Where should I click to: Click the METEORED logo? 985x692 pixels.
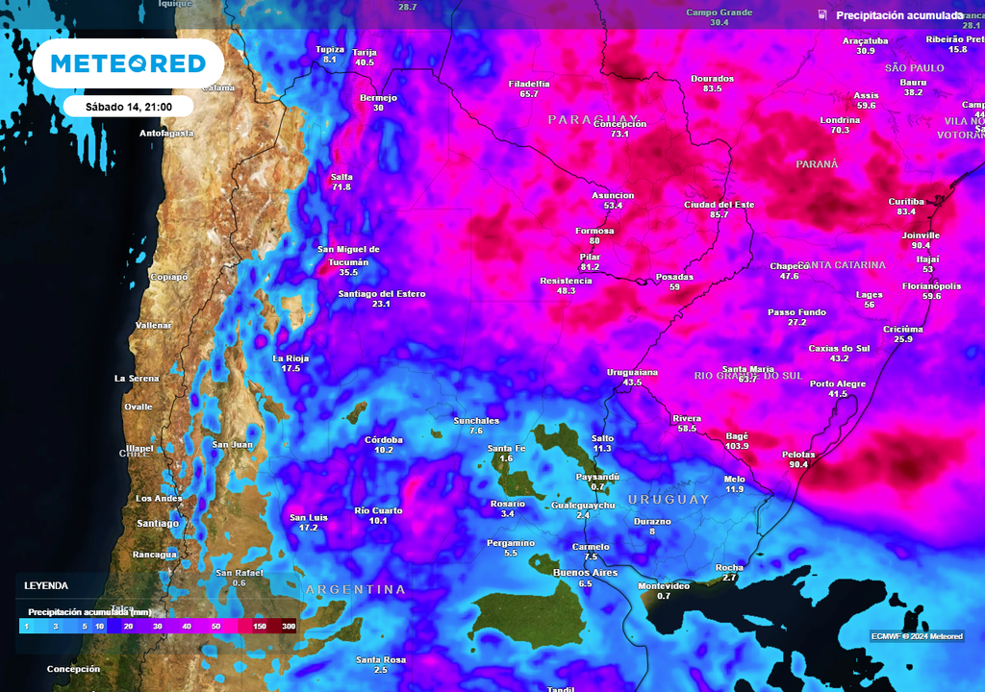[128, 63]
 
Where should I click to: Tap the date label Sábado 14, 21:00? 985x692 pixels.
[129, 106]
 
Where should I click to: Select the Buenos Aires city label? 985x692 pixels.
[585, 573]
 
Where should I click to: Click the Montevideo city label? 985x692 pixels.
[664, 585]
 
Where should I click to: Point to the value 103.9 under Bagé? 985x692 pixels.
[738, 446]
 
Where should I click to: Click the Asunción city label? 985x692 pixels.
[613, 195]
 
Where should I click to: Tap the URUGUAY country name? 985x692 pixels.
[669, 500]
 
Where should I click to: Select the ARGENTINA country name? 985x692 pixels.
[355, 589]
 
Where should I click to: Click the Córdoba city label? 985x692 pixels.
[384, 439]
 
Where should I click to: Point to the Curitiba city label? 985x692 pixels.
[906, 201]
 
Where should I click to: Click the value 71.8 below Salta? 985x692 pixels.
[341, 186]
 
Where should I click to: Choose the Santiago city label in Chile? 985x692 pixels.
[158, 523]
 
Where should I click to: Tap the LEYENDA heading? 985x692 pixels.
[46, 584]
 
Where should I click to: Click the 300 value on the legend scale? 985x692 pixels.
[288, 626]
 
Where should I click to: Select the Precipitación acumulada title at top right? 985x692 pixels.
[899, 15]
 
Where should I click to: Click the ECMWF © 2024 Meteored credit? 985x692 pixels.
[916, 636]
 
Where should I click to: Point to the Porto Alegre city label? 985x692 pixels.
[838, 383]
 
